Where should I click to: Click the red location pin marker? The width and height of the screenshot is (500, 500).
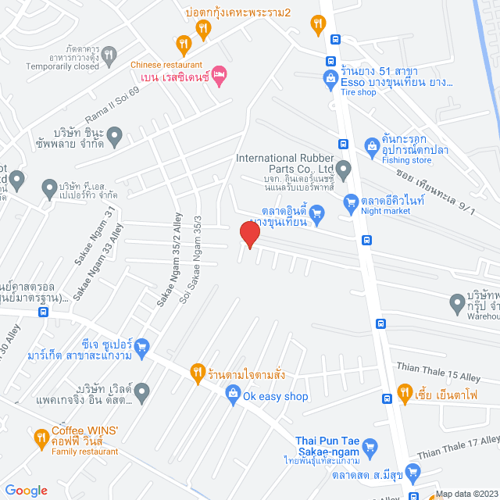[x=248, y=234]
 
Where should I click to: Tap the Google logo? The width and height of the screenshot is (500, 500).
[x=26, y=490]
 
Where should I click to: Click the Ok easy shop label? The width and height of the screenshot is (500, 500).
[x=275, y=396]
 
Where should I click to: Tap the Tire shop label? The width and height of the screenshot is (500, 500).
[x=359, y=92]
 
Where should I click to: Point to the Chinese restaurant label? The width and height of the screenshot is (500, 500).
[x=166, y=65]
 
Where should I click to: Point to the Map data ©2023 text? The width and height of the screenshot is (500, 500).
[x=466, y=493]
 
